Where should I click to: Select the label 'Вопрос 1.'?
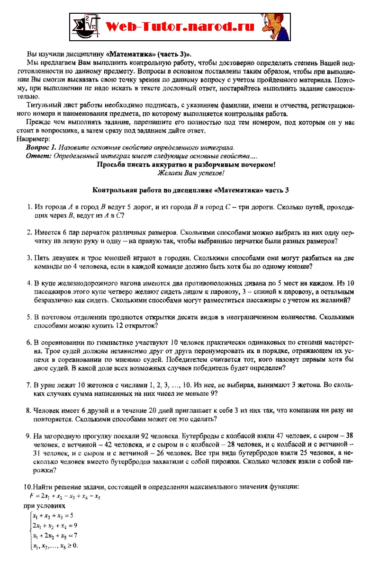click(x=41, y=147)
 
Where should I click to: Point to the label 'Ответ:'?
click(x=39, y=155)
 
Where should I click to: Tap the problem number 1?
click(x=28, y=207)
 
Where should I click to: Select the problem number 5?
click(x=28, y=316)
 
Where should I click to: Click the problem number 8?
click(x=28, y=410)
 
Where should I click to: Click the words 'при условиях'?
click(x=40, y=506)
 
